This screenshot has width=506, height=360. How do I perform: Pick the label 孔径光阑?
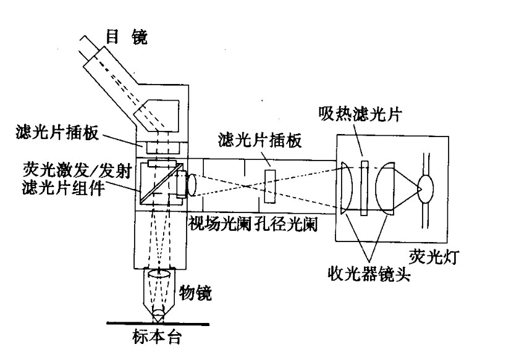pos(284,223)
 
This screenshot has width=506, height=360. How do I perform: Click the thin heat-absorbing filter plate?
pos(365,188)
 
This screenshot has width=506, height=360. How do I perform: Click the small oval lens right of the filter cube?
pos(192,184)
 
